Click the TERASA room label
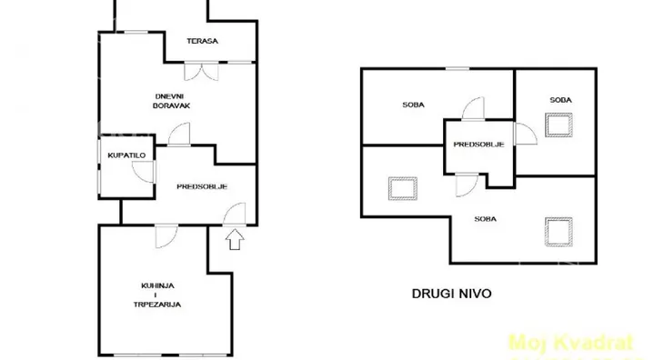[x=200, y=41]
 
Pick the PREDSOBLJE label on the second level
[x=478, y=144]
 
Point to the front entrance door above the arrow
[x=235, y=215]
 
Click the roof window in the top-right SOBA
[x=558, y=124]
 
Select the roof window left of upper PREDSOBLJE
[x=399, y=188]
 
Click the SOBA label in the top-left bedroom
[x=415, y=105]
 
